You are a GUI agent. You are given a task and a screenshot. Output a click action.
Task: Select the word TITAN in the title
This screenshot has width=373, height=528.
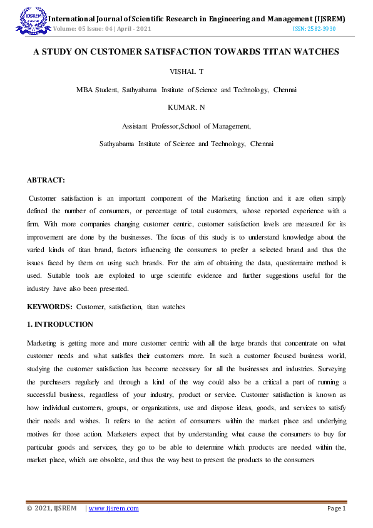[x=268, y=52]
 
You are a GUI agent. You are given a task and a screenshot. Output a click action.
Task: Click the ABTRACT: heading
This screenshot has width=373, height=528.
[x=46, y=180]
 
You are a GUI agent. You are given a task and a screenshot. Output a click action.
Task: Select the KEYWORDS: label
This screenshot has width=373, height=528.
[x=50, y=307]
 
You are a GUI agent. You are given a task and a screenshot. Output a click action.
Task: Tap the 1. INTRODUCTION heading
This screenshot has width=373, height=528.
[x=60, y=324]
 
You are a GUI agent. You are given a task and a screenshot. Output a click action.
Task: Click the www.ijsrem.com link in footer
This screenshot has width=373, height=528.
[x=113, y=509]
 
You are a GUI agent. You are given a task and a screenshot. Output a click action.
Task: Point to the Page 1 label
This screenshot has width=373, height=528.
[x=336, y=509]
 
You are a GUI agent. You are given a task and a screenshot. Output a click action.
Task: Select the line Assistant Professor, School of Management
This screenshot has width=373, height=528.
[x=186, y=126]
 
